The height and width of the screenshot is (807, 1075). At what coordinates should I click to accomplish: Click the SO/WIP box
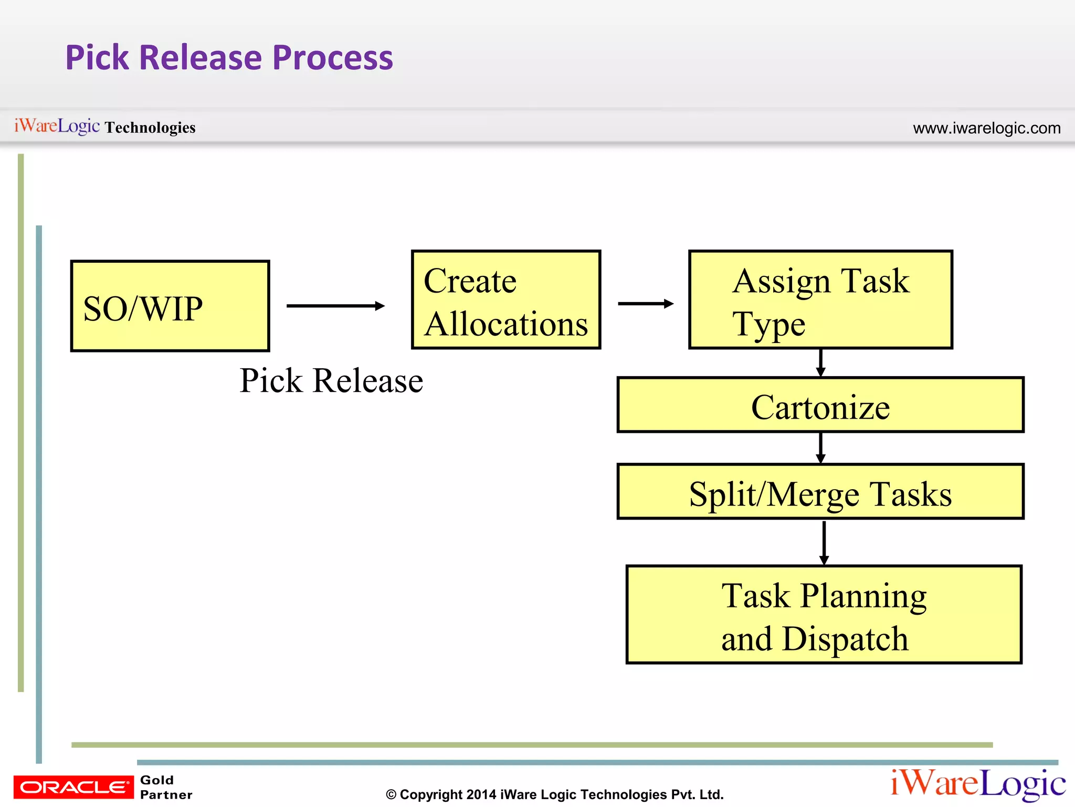click(x=170, y=306)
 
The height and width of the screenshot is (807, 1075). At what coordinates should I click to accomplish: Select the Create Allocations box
click(x=505, y=299)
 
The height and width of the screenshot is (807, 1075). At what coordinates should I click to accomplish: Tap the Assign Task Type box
click(x=820, y=299)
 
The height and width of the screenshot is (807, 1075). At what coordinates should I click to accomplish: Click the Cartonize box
click(x=820, y=405)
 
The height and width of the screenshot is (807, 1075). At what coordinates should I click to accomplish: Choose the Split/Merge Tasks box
click(x=820, y=492)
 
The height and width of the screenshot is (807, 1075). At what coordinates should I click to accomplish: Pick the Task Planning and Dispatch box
click(x=824, y=615)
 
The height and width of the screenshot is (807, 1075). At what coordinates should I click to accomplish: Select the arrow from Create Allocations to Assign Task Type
click(x=645, y=304)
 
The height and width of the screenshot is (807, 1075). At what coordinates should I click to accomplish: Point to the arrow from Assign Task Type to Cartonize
click(x=820, y=363)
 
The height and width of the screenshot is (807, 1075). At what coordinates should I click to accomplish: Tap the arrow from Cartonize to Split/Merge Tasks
click(x=820, y=448)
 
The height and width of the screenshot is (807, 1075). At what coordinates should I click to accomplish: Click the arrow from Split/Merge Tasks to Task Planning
click(x=824, y=542)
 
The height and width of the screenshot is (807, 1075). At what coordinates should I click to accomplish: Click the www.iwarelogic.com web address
click(x=986, y=128)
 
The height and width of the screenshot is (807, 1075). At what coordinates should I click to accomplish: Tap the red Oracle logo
click(x=73, y=787)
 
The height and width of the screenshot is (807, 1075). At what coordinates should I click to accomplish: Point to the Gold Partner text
click(x=166, y=787)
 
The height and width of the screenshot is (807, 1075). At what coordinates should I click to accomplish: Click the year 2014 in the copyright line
click(x=481, y=794)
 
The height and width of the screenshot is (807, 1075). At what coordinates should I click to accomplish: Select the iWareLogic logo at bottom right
click(x=977, y=784)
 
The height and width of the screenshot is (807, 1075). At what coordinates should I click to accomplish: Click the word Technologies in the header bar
click(x=150, y=128)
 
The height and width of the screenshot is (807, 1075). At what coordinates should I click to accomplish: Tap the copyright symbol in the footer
click(x=391, y=795)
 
